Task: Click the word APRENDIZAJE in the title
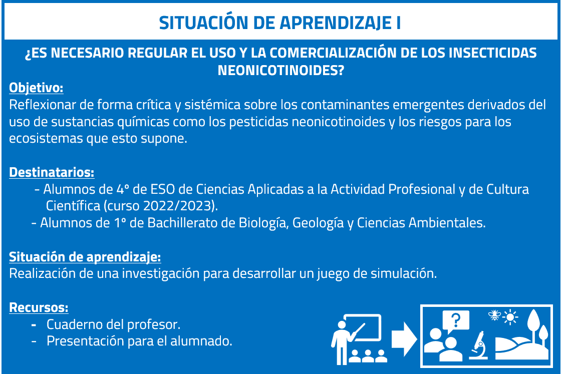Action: coord(336,23)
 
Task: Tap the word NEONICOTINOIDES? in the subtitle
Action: coord(281,70)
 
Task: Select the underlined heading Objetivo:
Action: coord(36,88)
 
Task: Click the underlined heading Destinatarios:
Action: coord(52,172)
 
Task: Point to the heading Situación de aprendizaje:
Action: coord(85,257)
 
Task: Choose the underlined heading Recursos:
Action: coord(39,307)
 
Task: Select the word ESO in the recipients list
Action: coord(162,189)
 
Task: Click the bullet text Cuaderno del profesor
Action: coord(113,324)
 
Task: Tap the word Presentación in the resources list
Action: coord(85,341)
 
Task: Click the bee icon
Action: coord(494,315)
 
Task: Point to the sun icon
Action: coord(510,317)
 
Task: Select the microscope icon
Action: coord(479,345)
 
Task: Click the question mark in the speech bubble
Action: coord(456,319)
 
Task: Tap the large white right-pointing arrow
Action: coord(404,339)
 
